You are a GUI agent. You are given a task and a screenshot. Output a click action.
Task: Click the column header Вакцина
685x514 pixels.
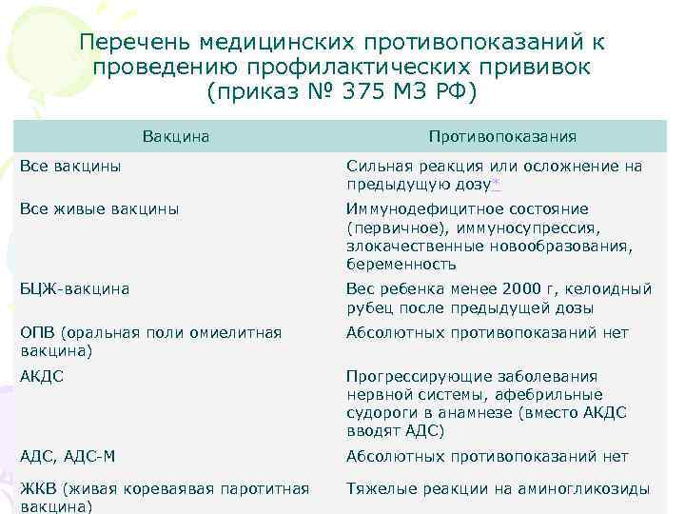pyautogui.click(x=176, y=137)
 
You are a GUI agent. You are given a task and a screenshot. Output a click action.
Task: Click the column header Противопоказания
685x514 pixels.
pyautogui.click(x=502, y=137)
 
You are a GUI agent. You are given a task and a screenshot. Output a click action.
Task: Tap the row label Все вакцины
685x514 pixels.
pyautogui.click(x=70, y=167)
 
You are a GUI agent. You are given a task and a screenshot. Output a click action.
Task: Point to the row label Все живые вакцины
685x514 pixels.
pyautogui.click(x=99, y=209)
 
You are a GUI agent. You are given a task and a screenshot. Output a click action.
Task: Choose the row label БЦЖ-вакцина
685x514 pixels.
pyautogui.click(x=74, y=288)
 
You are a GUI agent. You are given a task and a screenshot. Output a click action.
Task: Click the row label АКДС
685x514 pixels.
pyautogui.click(x=42, y=376)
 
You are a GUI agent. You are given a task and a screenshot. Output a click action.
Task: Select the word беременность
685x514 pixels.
pyautogui.click(x=401, y=264)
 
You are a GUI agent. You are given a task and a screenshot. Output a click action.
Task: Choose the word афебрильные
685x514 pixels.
pyautogui.click(x=553, y=394)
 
